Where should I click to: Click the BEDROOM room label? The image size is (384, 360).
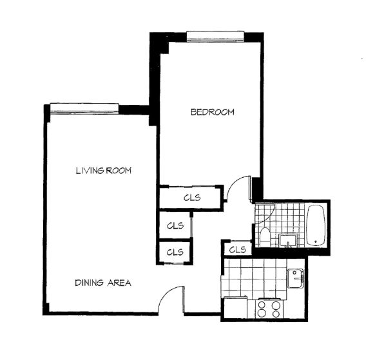(213, 112)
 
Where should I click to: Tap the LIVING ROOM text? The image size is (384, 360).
(104, 171)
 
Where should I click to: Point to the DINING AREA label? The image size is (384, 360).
(103, 283)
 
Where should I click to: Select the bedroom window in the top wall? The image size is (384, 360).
(215, 36)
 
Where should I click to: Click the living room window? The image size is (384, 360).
(84, 109)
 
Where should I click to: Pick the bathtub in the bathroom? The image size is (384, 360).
(316, 225)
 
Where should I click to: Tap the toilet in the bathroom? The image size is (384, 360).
(265, 237)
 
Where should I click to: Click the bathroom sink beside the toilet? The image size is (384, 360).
(288, 241)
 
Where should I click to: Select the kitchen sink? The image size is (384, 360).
(295, 278)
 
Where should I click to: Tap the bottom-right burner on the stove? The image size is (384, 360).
(276, 314)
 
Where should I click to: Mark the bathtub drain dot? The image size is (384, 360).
(316, 242)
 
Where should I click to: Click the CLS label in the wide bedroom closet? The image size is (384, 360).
(192, 198)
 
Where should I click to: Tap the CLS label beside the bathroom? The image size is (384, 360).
(238, 250)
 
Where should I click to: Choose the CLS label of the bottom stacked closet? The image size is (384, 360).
(175, 252)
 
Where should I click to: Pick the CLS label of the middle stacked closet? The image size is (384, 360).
(175, 225)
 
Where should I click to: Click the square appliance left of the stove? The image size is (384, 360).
(236, 307)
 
